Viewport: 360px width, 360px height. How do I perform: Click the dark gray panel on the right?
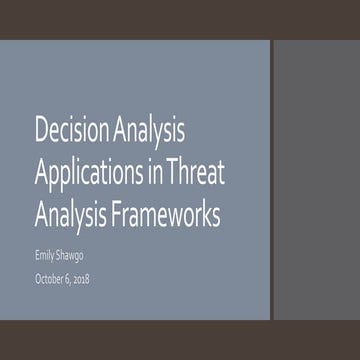coord(315,180)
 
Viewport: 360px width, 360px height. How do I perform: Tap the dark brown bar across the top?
coord(180,19)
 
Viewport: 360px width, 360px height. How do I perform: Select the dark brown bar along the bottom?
coord(180,340)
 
